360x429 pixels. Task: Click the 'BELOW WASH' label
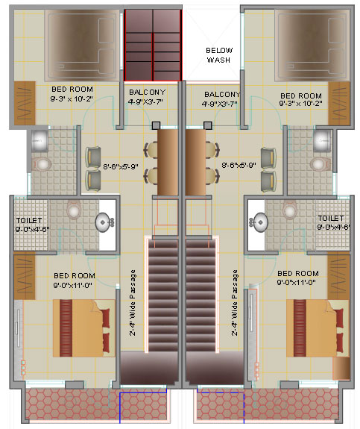pos(219,55)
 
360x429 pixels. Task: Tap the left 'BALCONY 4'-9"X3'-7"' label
pos(147,96)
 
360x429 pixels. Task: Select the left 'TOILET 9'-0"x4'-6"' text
pos(32,225)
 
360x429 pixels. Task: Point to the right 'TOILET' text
pos(330,218)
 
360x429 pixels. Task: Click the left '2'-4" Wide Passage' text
pos(133,303)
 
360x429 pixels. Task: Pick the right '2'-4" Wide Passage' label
pos(235,303)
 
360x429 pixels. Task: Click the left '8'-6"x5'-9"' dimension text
pos(121,166)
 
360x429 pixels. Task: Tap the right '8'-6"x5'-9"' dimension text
pos(239,165)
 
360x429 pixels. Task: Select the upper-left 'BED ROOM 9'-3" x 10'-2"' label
pos(72,94)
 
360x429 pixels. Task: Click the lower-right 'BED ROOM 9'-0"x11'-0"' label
pos(297,278)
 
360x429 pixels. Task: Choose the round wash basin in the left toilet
pos(103,222)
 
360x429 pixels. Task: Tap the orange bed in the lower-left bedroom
pos(83,328)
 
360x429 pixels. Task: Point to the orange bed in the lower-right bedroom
pos(318,328)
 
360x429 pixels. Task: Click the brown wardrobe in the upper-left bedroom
pos(25,104)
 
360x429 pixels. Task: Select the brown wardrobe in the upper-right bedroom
pos(339,104)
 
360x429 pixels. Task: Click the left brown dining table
pos(168,162)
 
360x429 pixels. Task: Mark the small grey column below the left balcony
pos(156,125)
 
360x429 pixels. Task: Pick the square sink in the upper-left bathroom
pos(40,140)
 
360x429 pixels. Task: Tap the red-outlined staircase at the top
pos(153,46)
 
